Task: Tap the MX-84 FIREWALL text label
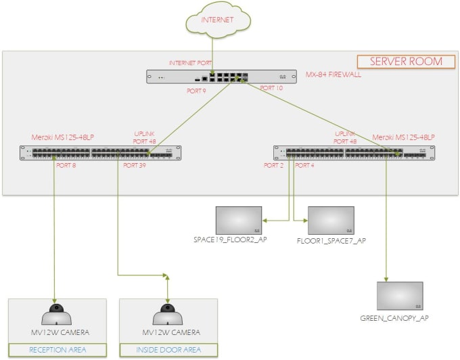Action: [333, 74]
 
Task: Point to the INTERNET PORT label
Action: [186, 63]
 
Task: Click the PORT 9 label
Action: [196, 90]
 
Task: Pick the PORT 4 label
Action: [305, 165]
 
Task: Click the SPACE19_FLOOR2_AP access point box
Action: [238, 220]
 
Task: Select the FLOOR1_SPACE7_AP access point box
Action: [331, 220]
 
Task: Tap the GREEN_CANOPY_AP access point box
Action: [399, 296]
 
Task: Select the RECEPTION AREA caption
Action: [57, 350]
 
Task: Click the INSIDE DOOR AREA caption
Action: [168, 350]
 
